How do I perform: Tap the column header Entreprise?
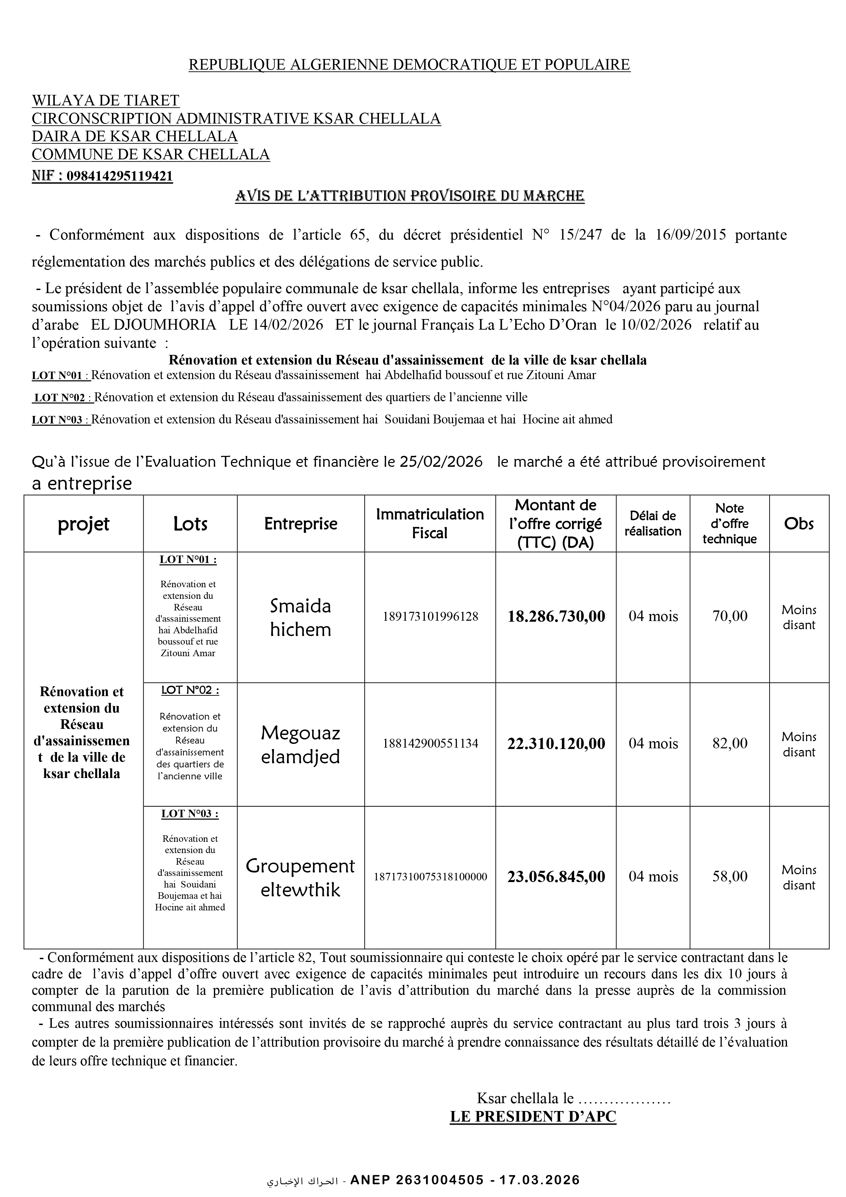301,523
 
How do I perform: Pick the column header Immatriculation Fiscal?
430,523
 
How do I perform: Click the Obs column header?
799,523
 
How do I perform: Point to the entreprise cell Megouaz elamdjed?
301,745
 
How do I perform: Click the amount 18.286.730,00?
556,617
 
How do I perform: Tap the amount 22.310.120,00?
556,744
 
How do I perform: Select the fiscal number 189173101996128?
430,617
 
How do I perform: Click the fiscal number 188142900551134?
430,744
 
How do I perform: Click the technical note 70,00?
730,616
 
